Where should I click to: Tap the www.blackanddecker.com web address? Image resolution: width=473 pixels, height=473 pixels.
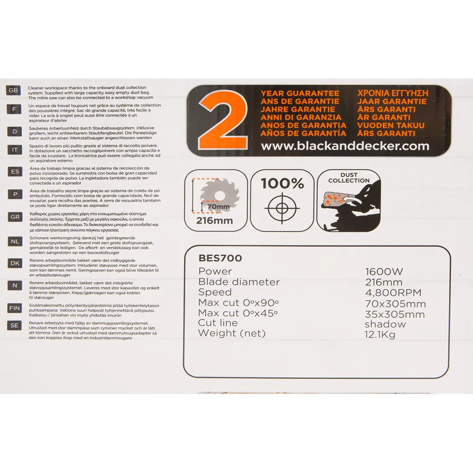[x=345, y=146]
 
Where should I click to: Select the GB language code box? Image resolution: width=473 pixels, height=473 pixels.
[x=14, y=90]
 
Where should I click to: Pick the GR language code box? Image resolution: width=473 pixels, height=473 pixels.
[x=14, y=217]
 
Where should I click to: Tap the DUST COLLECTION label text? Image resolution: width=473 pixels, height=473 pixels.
[x=349, y=177]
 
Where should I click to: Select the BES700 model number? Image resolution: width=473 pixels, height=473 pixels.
[x=220, y=258]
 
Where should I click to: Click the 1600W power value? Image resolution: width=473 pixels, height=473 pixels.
[x=384, y=272]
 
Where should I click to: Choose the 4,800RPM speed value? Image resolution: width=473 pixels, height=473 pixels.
[x=393, y=293]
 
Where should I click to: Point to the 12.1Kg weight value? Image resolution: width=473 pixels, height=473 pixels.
[x=380, y=334]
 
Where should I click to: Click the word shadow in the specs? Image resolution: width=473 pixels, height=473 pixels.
[x=385, y=324]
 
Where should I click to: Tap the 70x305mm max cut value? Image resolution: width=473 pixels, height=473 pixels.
[x=395, y=304]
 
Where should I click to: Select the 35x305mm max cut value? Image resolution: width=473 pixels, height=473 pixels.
[x=395, y=314]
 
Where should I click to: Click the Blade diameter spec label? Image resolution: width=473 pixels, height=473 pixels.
[x=239, y=282]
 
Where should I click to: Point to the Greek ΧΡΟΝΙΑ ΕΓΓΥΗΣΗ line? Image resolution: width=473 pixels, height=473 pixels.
[x=393, y=93]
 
